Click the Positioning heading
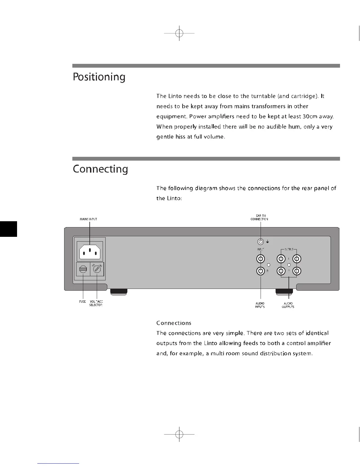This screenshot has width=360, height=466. (x=99, y=77)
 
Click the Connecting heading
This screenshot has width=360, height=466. (x=100, y=169)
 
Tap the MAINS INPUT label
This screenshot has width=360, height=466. (x=88, y=219)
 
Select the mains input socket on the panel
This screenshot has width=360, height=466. (x=90, y=251)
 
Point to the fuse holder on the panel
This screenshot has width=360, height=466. (x=83, y=269)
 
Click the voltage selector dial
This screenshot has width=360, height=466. (x=97, y=269)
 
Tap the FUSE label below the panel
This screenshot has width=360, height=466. (x=82, y=302)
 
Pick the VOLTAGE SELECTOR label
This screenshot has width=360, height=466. (x=96, y=303)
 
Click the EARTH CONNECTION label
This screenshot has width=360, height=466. (x=259, y=217)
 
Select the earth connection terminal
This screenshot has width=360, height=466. (x=261, y=242)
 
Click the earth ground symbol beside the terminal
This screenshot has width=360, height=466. (x=267, y=242)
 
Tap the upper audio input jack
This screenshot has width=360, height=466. (x=261, y=259)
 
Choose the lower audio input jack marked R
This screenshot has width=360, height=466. (x=261, y=271)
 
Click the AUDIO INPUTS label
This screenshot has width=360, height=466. (x=260, y=305)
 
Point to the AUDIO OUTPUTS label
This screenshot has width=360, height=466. (x=288, y=305)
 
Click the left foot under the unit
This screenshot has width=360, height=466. (x=119, y=292)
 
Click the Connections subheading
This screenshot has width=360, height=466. (x=174, y=323)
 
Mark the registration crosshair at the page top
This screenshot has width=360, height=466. (x=179, y=34)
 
